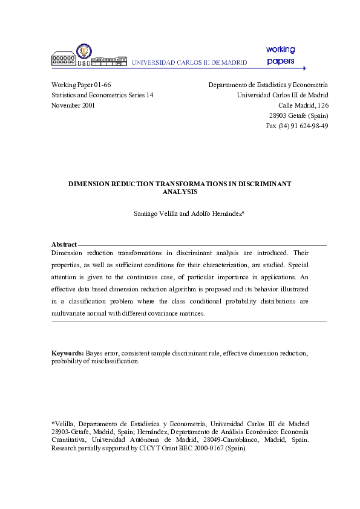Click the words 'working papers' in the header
coord(280,55)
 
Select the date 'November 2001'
coord(73,105)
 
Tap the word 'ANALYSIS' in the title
coord(180,191)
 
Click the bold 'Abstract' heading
coord(64,244)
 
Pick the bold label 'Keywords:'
coord(67,352)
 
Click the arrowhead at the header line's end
coord(304,68)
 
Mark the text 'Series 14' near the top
coord(139,96)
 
